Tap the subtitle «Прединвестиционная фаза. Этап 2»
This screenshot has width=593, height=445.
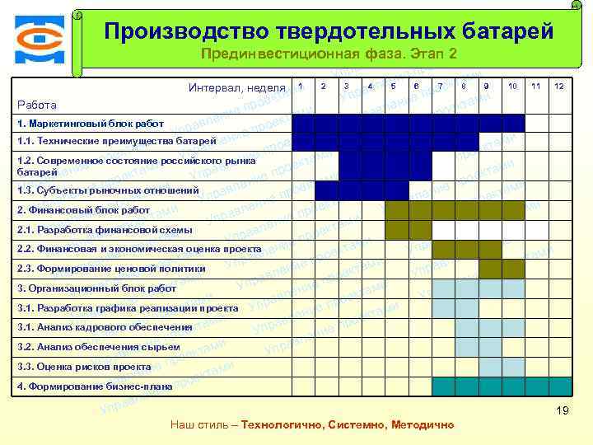[x=329, y=54]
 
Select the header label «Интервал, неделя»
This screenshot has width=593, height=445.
[x=236, y=87]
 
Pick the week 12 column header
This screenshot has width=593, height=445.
[x=559, y=87]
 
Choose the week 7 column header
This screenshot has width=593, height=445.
[x=441, y=87]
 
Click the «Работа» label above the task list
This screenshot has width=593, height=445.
[x=37, y=105]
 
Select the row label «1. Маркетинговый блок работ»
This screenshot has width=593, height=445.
[x=91, y=124]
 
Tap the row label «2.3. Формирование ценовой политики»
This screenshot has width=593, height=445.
[x=111, y=269]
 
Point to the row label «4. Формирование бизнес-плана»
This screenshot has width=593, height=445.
[x=95, y=386]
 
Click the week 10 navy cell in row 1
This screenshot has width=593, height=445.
[x=512, y=123]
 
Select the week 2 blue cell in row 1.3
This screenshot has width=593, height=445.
[x=327, y=190]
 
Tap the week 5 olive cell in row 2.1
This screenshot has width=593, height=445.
[x=396, y=229]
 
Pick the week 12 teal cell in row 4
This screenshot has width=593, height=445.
[x=559, y=386]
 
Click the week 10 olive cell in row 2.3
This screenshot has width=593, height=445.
[x=512, y=269]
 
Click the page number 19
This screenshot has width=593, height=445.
[x=563, y=410]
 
